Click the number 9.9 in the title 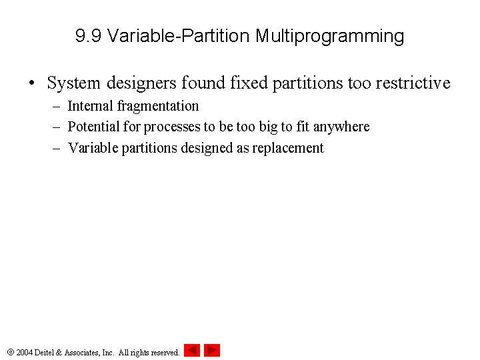tap(89, 36)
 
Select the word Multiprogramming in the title tap(330, 37)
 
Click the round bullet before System tap(31, 84)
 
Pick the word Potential tap(93, 127)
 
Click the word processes tap(173, 127)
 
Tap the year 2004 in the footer tap(25, 352)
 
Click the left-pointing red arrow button tap(192, 350)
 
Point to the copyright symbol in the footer tap(10, 352)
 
